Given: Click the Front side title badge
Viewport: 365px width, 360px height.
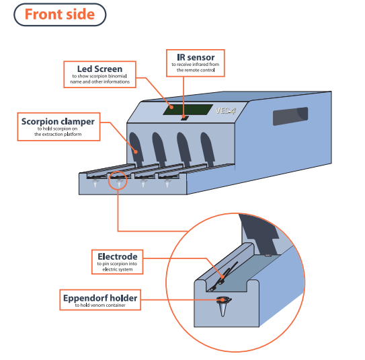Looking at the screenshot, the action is click(60, 14).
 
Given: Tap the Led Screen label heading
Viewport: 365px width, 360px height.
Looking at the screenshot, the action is click(99, 69).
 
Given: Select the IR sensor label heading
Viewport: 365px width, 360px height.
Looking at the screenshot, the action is click(196, 57).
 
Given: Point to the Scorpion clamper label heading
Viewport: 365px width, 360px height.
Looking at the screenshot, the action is click(58, 122).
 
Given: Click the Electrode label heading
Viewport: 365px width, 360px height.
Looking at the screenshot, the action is click(118, 256).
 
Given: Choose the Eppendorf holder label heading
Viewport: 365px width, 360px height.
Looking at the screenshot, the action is click(100, 298).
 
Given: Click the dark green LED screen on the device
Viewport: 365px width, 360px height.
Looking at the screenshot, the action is click(188, 110).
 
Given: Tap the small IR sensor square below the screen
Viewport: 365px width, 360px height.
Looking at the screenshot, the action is click(185, 118).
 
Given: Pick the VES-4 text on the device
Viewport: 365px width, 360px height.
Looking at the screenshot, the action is click(226, 110).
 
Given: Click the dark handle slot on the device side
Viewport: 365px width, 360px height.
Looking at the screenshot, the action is click(290, 116).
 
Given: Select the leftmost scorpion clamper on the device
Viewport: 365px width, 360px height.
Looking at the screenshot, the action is click(136, 149).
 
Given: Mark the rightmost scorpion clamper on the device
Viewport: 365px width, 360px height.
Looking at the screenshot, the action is click(208, 149).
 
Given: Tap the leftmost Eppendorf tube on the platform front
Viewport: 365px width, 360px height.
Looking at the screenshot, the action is click(95, 184).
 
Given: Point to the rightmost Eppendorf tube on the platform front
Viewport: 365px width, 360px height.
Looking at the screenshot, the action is click(167, 184).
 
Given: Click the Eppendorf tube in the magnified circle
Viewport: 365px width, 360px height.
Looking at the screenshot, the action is click(223, 305).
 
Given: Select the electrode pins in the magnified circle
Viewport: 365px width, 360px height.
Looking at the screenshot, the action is click(224, 277).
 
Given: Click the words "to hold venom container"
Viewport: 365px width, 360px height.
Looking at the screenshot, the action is click(100, 305).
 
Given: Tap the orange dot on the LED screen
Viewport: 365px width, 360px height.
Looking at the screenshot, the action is click(171, 107).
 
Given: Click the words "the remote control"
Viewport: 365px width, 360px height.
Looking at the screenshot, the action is click(196, 70).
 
